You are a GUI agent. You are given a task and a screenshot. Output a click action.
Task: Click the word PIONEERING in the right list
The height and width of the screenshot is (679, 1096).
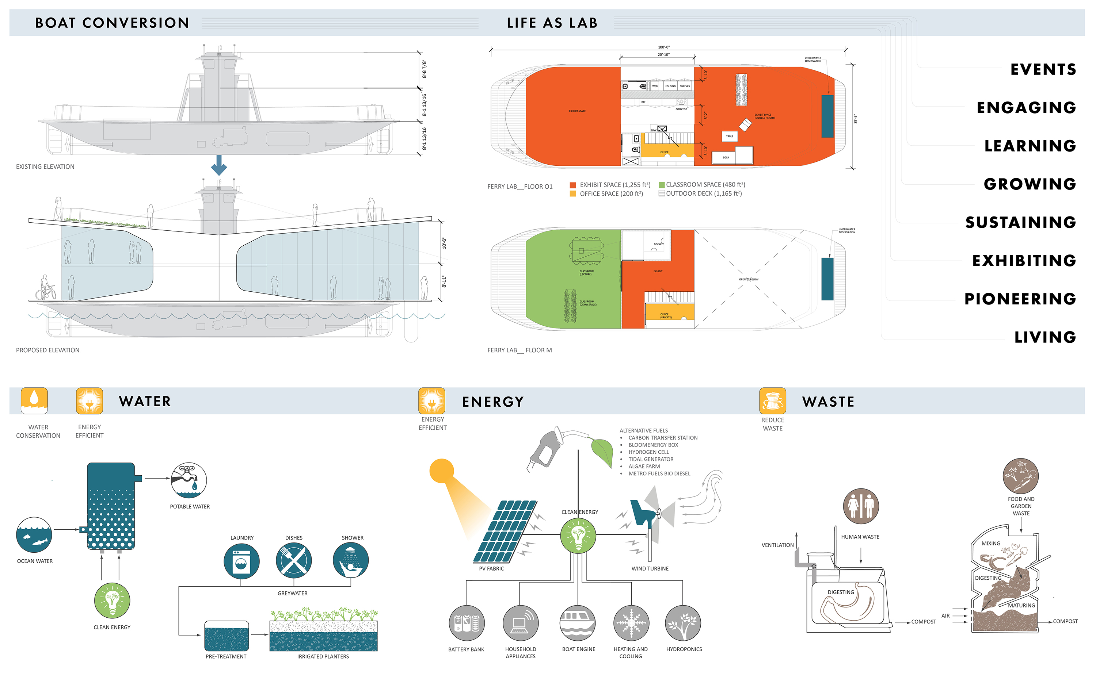click(1020, 299)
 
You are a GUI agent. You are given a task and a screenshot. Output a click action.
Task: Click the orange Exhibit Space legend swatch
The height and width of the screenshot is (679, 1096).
click(572, 185)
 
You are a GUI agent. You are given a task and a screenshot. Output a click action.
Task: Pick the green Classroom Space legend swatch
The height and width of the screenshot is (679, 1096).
click(662, 185)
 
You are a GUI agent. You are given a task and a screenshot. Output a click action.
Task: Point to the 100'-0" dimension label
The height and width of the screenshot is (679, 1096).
click(664, 47)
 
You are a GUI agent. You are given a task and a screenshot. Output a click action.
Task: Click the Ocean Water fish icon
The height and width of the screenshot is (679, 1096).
click(34, 534)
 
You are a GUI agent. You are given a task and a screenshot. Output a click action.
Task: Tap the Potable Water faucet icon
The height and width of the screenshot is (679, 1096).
click(189, 480)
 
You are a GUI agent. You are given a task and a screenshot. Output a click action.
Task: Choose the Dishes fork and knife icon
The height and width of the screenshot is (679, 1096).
click(293, 561)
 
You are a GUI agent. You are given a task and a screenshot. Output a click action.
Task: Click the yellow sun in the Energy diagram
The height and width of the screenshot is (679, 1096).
click(442, 471)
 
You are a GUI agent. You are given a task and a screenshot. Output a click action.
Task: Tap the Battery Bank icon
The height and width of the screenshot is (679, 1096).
click(467, 623)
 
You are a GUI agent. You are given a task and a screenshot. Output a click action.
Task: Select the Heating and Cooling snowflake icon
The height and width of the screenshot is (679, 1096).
click(631, 623)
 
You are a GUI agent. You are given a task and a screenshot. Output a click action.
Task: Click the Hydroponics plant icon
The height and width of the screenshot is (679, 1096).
click(683, 623)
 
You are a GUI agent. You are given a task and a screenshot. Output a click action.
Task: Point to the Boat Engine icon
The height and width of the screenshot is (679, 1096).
click(578, 623)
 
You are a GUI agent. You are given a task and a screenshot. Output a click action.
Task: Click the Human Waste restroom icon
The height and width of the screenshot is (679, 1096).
click(860, 506)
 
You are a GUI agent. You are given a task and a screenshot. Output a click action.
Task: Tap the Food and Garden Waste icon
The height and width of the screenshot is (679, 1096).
click(1020, 476)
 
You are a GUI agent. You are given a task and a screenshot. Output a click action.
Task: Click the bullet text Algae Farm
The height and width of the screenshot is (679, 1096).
click(644, 466)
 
